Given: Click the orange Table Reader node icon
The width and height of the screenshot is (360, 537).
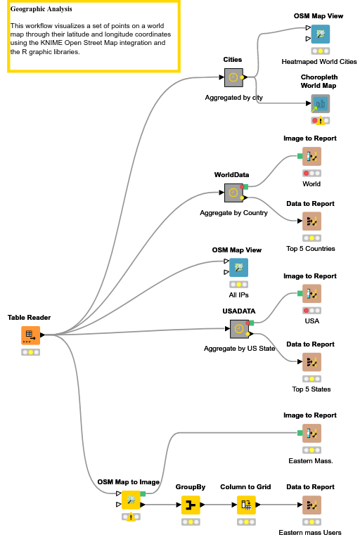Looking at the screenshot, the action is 30,335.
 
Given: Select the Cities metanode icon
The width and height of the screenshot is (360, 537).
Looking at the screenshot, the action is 233,77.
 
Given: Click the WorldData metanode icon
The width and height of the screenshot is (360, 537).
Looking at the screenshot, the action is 233,193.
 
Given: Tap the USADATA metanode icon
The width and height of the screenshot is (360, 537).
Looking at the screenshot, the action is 239,329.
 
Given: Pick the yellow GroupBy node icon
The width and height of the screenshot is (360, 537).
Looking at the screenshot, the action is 191,505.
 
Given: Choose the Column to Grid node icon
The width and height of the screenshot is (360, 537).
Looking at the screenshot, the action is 246,505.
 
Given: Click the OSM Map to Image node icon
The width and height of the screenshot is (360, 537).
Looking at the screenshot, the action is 131,500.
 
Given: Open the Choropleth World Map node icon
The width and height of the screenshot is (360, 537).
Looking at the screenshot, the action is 320,103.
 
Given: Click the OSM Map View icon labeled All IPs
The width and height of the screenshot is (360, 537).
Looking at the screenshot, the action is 239,268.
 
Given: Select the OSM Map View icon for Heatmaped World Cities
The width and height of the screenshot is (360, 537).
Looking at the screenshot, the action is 320,34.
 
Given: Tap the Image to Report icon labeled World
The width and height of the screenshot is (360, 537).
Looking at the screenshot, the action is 311,157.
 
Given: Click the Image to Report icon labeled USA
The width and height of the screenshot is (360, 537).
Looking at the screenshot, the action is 311,294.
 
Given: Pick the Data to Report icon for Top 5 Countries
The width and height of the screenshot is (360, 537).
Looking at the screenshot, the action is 311,221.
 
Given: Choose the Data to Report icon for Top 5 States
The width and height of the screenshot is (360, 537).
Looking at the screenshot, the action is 311,362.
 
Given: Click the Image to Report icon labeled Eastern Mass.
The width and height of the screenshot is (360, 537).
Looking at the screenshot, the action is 311,433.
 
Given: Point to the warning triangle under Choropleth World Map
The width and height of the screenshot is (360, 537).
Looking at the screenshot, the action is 320,121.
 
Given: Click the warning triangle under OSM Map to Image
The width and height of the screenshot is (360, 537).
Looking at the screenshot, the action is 131,517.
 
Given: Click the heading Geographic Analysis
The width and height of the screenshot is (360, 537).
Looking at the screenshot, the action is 41,9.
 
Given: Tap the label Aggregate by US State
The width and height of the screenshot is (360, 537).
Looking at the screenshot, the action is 240,349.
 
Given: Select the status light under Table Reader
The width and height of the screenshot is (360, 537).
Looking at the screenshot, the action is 30,352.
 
